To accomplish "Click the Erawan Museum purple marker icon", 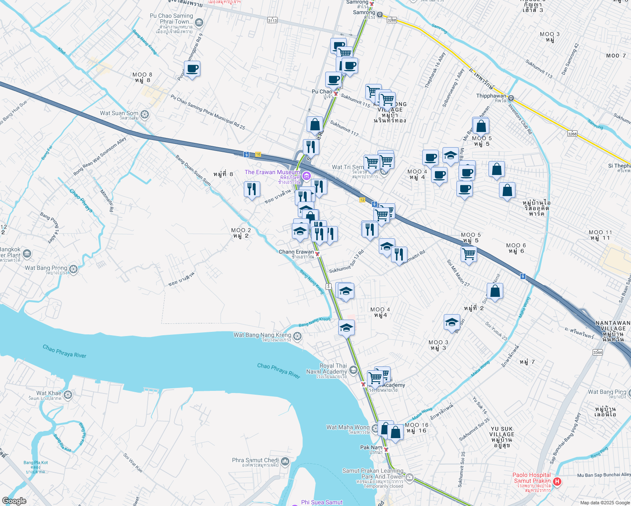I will [x=307, y=175].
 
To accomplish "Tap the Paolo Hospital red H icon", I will [x=557, y=481].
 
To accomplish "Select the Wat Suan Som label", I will [x=119, y=113].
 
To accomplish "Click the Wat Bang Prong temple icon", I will [x=73, y=269].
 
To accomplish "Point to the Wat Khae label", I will [x=49, y=393].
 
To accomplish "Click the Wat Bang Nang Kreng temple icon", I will [x=297, y=336].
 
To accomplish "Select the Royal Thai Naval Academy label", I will [x=327, y=369].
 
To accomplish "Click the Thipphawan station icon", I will [x=511, y=98].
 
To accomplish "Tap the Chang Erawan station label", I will [x=296, y=252].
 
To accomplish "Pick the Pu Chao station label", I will [x=322, y=92].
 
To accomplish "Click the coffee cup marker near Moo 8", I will [x=192, y=69].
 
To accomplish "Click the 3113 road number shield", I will [x=272, y=20].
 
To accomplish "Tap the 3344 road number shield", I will [x=597, y=352].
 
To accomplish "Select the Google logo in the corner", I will [x=14, y=501].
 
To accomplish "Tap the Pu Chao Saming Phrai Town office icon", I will [x=199, y=22].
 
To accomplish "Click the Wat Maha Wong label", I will [x=348, y=428].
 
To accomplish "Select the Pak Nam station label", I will [x=371, y=448].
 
